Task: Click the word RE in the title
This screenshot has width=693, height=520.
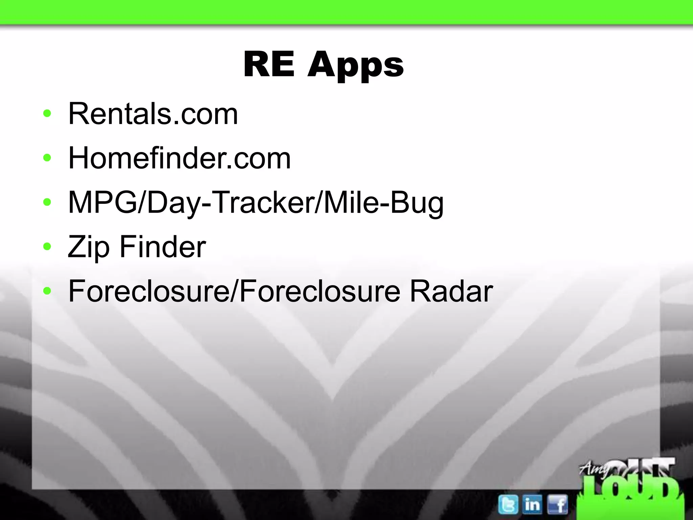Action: [x=269, y=64]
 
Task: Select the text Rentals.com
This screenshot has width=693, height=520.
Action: [x=153, y=114]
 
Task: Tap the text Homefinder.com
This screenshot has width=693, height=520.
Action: [x=179, y=158]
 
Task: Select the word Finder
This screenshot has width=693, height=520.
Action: [x=162, y=247]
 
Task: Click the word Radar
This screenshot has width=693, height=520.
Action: [x=451, y=291]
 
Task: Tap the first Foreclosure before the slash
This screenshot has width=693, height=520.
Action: [x=148, y=291]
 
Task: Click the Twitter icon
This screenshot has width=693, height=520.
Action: [x=508, y=504]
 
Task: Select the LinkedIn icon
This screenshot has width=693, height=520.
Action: [x=532, y=504]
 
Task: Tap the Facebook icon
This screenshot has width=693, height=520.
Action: [x=557, y=504]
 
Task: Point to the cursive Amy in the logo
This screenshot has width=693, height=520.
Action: [x=592, y=469]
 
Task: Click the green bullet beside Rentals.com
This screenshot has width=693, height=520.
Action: [x=47, y=114]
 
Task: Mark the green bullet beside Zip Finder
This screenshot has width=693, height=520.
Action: [x=47, y=246]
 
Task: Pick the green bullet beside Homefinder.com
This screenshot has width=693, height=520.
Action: [x=47, y=158]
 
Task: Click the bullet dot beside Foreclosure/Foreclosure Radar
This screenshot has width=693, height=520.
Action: [x=47, y=291]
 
